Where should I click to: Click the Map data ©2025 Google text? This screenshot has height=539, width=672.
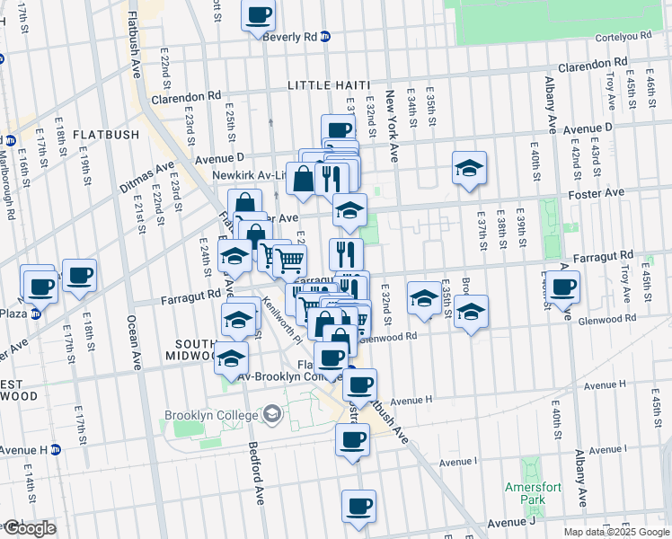(x=615, y=532)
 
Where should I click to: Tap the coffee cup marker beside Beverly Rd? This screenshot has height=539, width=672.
(x=259, y=15)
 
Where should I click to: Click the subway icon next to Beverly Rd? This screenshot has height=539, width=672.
(x=325, y=37)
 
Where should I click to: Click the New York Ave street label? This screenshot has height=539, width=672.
(x=392, y=126)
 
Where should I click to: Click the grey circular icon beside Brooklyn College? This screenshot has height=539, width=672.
(x=272, y=414)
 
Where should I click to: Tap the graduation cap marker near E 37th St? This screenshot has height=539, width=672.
(x=469, y=168)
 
